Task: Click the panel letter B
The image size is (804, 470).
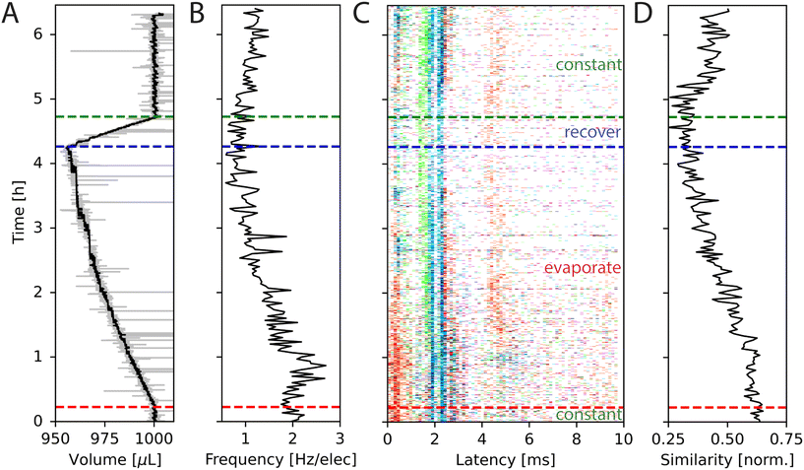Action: point(196,13)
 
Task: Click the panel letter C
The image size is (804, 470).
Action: point(361,13)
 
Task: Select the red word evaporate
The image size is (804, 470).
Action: point(582,268)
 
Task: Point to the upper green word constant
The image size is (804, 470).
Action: point(588,65)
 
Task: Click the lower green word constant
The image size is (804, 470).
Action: point(588,416)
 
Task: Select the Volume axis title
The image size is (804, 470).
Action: point(114,458)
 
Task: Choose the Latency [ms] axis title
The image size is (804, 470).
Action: point(505,458)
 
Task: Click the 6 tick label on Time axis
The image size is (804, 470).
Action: point(35,34)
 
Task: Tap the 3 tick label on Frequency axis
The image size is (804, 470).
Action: point(339,436)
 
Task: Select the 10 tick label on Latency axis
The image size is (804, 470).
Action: point(621,436)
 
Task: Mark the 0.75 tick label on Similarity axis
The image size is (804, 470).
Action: point(785,436)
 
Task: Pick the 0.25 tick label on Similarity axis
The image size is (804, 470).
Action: point(670,436)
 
